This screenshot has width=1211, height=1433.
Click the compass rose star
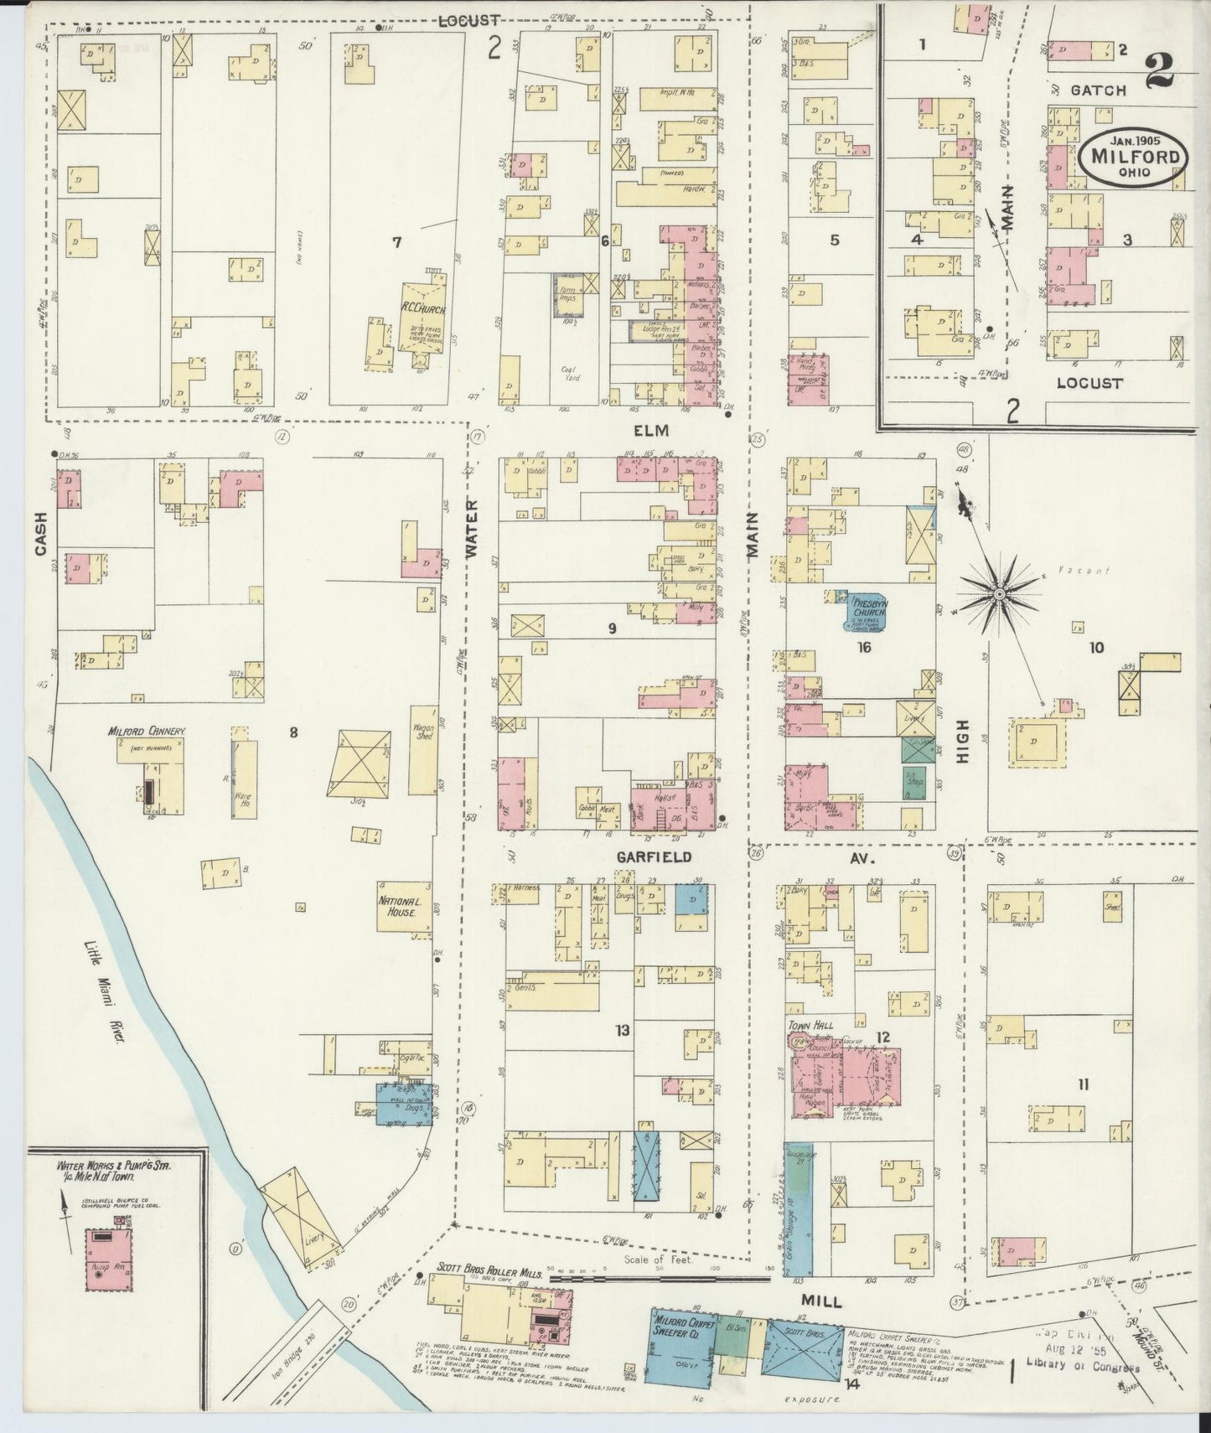point(999,594)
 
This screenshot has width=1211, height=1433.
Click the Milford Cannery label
point(146,732)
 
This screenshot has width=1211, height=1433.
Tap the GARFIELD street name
point(654,857)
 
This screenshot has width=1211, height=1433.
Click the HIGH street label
point(963,742)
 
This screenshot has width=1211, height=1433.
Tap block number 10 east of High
point(1096,647)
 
